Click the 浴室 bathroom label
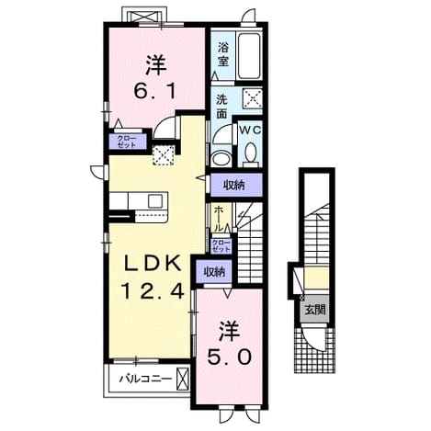(x=223, y=54)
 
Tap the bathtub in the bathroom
(x=250, y=56)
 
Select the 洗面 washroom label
(x=221, y=107)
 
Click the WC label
(x=250, y=130)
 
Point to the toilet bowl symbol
(x=251, y=154)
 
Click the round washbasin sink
(x=219, y=159)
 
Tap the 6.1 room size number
(x=155, y=91)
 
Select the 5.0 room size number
(x=230, y=357)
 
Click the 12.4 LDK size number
(x=153, y=291)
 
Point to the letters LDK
(x=153, y=264)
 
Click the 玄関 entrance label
(x=314, y=311)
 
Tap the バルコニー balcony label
(x=145, y=379)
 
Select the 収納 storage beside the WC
(x=234, y=185)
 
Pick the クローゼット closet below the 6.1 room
(x=127, y=142)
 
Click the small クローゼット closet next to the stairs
(x=221, y=245)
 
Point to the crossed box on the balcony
(x=183, y=380)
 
